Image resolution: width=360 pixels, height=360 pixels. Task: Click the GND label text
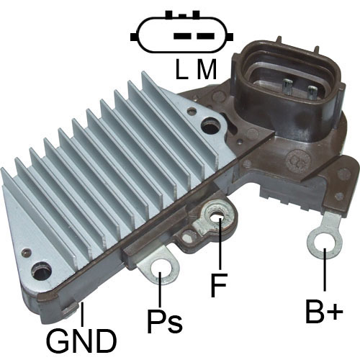pos(81,341)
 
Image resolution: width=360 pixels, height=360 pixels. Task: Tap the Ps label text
pos(165,322)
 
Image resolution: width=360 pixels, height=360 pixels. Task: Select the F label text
pos(219,285)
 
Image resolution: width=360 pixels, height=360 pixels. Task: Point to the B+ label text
pos(324,310)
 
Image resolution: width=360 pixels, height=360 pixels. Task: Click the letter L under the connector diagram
pos(181,69)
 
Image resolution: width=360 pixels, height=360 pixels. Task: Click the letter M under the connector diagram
pos(207,69)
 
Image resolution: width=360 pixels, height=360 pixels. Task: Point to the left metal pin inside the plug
pos(287,86)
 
